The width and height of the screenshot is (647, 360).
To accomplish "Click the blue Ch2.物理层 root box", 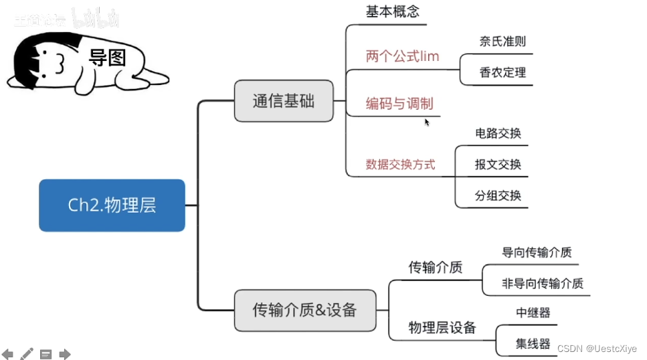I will (x=112, y=205).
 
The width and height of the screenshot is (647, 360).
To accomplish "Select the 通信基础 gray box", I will (x=283, y=102).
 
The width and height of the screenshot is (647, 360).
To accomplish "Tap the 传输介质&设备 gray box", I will (x=304, y=310).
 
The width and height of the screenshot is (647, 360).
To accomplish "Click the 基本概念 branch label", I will (x=392, y=12).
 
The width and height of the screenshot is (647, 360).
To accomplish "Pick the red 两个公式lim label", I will (x=402, y=56).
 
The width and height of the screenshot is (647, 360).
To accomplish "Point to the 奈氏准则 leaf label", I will (x=502, y=41).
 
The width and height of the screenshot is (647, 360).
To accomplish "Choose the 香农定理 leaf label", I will (x=502, y=72).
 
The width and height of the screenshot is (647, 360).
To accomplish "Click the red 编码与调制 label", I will (x=399, y=104).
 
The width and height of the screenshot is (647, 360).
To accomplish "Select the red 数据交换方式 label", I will (x=400, y=164).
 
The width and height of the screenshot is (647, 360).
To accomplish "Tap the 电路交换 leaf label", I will (x=498, y=133).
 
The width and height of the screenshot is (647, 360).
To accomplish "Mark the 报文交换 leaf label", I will (x=498, y=165).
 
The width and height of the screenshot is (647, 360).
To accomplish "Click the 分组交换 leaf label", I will (x=498, y=196).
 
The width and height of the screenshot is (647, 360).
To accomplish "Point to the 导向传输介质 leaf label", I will (x=537, y=253).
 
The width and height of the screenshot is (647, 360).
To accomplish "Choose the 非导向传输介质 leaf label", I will (x=543, y=284).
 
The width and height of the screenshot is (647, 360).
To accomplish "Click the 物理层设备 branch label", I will (x=442, y=328).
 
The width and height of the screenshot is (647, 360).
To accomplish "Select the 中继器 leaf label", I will (x=533, y=312).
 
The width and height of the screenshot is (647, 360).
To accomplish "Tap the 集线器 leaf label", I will (x=533, y=344).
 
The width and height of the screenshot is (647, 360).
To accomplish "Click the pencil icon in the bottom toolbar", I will (x=27, y=354).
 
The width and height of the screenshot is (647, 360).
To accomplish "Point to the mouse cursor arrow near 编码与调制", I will (x=427, y=122).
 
